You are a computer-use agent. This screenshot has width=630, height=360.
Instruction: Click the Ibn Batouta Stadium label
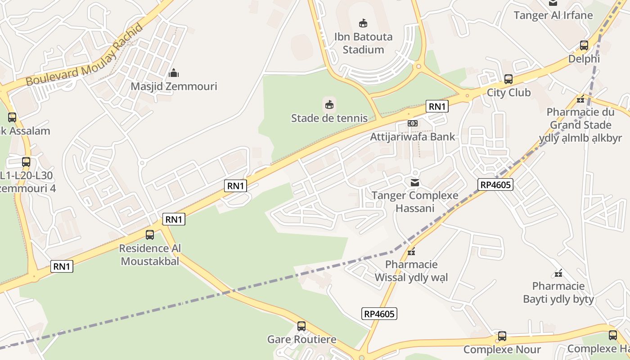(363, 43)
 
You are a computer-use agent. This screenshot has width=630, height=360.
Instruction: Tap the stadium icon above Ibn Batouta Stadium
(363, 23)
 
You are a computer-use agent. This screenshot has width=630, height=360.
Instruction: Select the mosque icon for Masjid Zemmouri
(174, 73)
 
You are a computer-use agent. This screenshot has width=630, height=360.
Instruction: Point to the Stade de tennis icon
(329, 105)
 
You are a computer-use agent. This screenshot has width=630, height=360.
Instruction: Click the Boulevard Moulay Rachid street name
(85, 55)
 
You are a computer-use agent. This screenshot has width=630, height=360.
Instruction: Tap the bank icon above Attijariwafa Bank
(413, 123)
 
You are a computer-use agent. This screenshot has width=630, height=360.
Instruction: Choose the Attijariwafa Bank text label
(413, 137)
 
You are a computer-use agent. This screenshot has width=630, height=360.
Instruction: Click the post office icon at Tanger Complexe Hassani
(414, 182)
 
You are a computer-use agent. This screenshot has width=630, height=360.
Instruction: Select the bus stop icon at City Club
(508, 79)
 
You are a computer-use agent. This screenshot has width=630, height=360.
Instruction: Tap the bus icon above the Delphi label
(584, 45)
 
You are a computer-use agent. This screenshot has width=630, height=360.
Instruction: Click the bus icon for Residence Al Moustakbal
(150, 235)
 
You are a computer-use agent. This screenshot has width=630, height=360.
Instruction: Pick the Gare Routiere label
(301, 339)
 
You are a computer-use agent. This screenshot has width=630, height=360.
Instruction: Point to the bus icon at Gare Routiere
(301, 326)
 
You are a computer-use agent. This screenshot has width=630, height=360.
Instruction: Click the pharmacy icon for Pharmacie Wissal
(411, 251)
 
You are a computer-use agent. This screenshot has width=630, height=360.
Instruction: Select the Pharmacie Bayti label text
(558, 292)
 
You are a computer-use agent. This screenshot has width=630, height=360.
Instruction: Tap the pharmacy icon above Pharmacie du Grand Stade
(580, 99)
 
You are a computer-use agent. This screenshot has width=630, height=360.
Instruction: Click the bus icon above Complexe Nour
(502, 336)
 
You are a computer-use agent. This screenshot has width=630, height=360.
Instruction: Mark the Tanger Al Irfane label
(553, 15)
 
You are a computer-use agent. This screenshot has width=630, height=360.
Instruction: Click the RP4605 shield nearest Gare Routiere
(380, 314)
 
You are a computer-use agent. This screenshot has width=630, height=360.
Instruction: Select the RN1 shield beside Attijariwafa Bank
(437, 106)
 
